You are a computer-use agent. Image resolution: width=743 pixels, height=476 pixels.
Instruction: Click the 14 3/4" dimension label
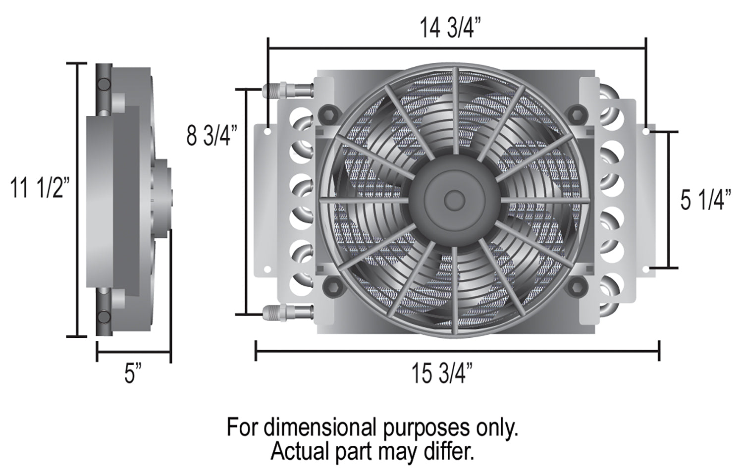(x=450, y=28)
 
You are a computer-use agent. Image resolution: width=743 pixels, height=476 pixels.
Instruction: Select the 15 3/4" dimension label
(x=442, y=374)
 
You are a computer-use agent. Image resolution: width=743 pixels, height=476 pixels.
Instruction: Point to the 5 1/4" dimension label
(x=705, y=200)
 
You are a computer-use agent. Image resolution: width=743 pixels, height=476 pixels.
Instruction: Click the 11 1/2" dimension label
(x=40, y=188)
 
